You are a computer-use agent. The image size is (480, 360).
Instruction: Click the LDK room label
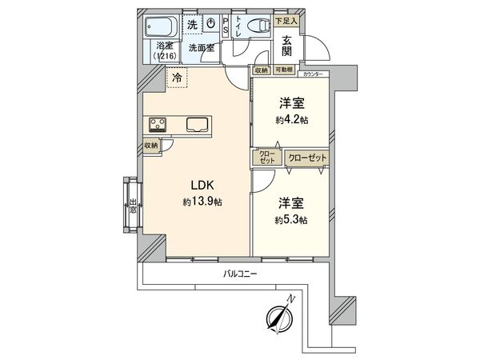click(x=201, y=186)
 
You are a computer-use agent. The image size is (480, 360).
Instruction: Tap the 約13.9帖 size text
click(x=201, y=202)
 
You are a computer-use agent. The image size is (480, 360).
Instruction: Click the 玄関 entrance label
click(x=286, y=45)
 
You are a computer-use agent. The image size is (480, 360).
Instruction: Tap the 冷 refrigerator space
click(x=177, y=78)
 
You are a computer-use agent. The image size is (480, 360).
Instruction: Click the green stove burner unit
click(x=157, y=124)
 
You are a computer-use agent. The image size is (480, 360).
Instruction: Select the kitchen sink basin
click(x=198, y=124)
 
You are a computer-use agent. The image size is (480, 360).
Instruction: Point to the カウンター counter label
click(x=313, y=74)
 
